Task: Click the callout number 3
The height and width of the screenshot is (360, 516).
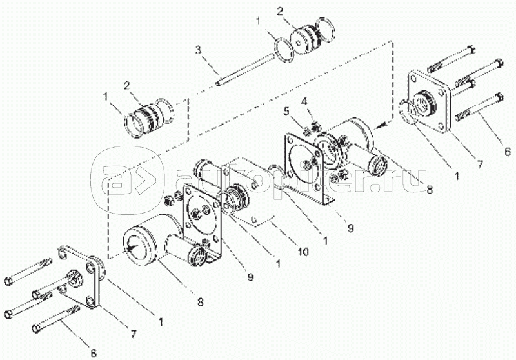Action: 198,50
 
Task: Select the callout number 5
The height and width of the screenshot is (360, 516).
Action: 287,112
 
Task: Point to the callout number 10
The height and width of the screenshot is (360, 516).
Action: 303,252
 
